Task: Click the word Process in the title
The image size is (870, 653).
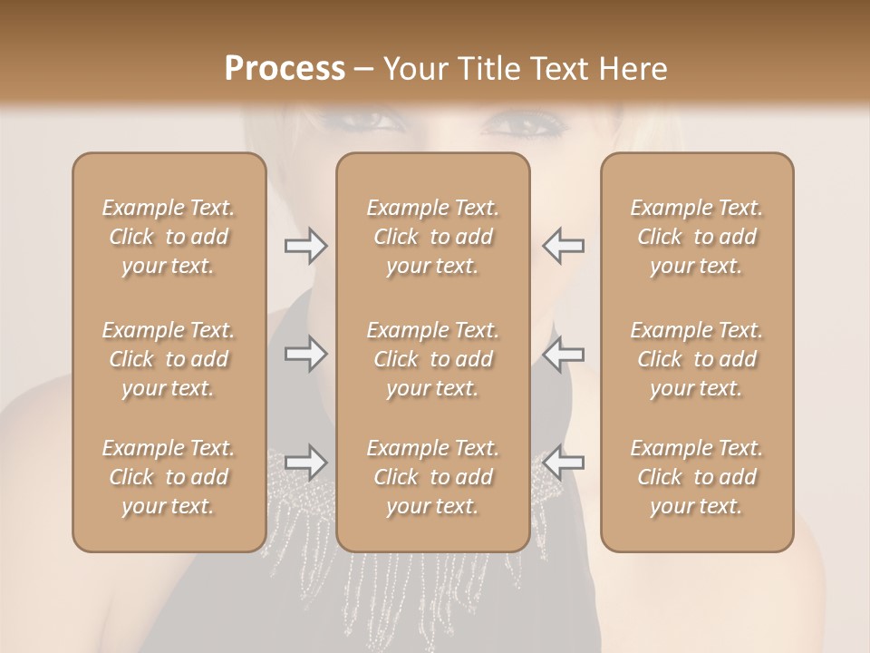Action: [285, 69]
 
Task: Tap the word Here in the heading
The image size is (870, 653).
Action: [631, 69]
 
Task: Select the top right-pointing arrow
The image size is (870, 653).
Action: [305, 246]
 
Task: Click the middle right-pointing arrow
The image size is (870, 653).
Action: [305, 354]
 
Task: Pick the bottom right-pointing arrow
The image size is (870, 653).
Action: [305, 463]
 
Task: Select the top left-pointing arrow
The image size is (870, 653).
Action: [564, 246]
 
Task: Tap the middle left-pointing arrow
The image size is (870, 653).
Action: [564, 354]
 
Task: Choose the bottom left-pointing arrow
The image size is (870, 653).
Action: [564, 463]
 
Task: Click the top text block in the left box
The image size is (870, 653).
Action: [169, 237]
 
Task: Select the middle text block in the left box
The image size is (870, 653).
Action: [169, 359]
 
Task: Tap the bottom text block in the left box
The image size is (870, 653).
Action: [169, 477]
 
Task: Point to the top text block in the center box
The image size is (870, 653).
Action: [432, 237]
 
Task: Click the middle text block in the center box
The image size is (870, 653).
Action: [432, 359]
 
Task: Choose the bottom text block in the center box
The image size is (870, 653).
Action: [432, 477]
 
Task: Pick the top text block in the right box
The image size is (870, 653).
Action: [696, 237]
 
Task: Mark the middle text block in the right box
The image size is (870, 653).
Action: [696, 359]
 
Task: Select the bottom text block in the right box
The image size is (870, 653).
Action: [696, 477]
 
